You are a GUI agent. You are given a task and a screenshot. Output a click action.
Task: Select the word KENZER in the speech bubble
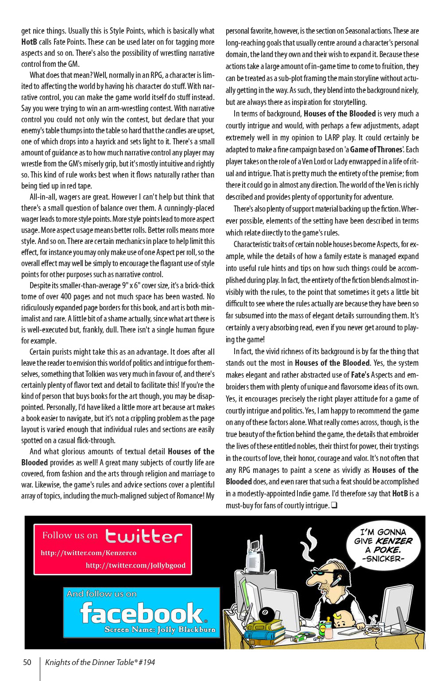(394, 541)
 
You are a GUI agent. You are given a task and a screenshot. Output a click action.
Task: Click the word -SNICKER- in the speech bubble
(383, 559)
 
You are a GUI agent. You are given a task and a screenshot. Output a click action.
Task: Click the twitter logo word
(144, 537)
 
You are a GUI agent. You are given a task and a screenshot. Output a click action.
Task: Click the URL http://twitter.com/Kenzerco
(89, 553)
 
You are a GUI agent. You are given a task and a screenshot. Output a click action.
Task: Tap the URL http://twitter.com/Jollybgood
(135, 565)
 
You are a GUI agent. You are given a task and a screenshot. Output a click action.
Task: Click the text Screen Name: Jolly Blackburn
(160, 629)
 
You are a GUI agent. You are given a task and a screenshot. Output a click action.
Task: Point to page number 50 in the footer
(27, 662)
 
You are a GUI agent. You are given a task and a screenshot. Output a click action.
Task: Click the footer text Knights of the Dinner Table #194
(100, 662)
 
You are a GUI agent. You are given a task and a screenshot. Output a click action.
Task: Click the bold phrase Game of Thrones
(376, 150)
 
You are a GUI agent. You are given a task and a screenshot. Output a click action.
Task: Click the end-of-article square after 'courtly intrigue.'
(334, 505)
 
